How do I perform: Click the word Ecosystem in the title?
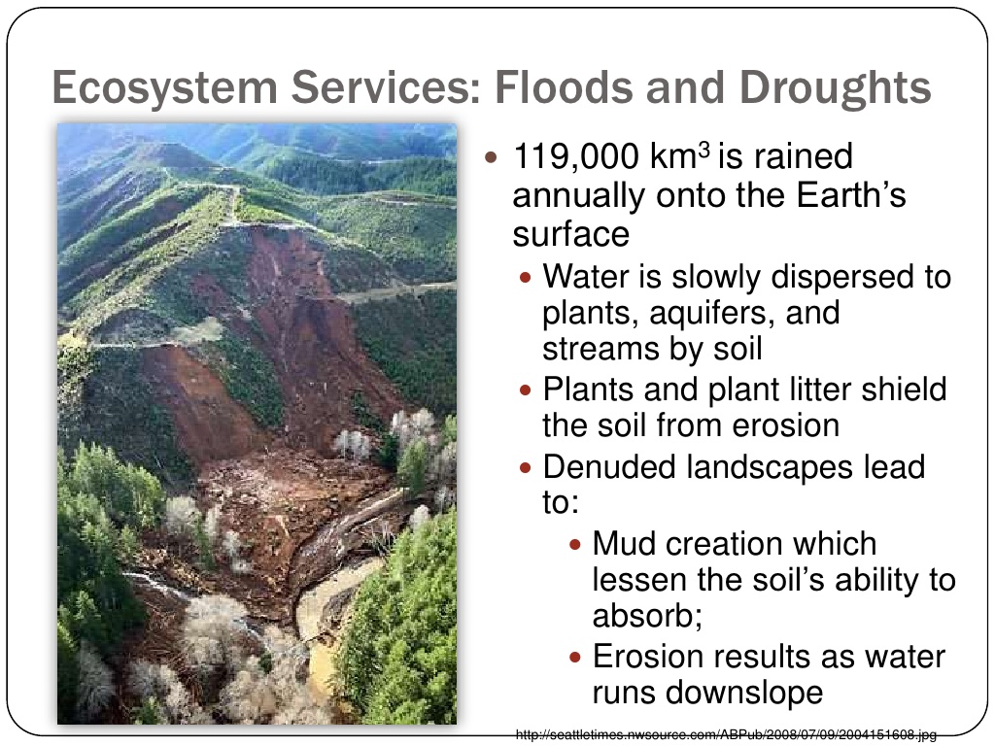click(x=164, y=87)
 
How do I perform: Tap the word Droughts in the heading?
click(x=835, y=86)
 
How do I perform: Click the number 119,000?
click(x=576, y=156)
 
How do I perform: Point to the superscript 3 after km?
click(x=703, y=151)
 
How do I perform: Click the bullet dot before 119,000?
click(x=491, y=156)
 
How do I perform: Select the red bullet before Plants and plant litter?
click(x=525, y=390)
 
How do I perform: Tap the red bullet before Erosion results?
click(x=575, y=658)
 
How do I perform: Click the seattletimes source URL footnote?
click(x=726, y=734)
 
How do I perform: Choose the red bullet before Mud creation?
click(x=575, y=544)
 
